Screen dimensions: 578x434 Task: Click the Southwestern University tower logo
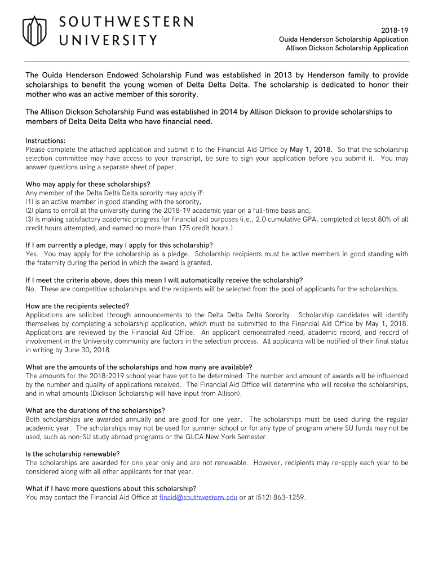(34, 31)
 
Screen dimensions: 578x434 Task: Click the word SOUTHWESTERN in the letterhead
(126, 22)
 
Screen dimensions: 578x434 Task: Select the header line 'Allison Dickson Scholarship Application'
(347, 48)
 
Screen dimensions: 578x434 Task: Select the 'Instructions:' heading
(46, 140)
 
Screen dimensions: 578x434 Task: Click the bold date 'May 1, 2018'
(311, 150)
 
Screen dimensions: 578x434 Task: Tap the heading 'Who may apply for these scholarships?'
(88, 184)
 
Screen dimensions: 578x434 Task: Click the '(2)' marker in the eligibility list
(30, 211)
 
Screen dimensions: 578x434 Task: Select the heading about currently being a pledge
(119, 245)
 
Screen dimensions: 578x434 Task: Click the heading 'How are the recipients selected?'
(78, 306)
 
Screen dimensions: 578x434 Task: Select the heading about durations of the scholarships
(95, 410)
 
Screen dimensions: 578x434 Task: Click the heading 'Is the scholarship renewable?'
(73, 454)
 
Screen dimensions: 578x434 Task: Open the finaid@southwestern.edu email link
(198, 497)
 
